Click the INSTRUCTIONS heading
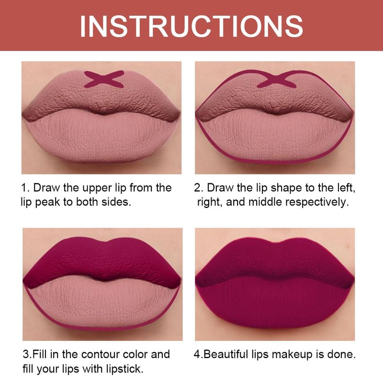point(191,26)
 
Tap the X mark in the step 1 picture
point(104,79)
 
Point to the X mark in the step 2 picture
point(277,79)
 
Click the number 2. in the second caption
point(199,188)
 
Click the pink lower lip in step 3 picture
point(102,303)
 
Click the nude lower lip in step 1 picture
point(102,137)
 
